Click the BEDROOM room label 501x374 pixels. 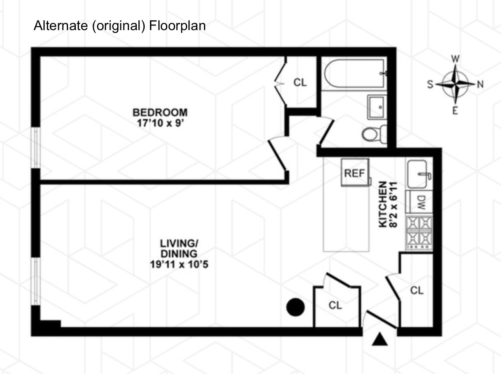coord(160,112)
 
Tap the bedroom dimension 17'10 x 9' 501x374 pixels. coord(160,123)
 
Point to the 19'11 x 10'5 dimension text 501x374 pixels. coord(179,264)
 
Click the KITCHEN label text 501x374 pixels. coord(383,204)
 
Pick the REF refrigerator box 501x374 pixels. coord(355,173)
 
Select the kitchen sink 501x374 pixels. coord(419,174)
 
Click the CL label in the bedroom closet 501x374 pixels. coord(300,83)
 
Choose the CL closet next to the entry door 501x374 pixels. coord(417,290)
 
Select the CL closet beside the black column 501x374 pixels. coord(335,305)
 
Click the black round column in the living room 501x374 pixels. coord(295,307)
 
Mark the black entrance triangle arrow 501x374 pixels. coord(379,339)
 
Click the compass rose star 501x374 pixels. coord(456,83)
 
